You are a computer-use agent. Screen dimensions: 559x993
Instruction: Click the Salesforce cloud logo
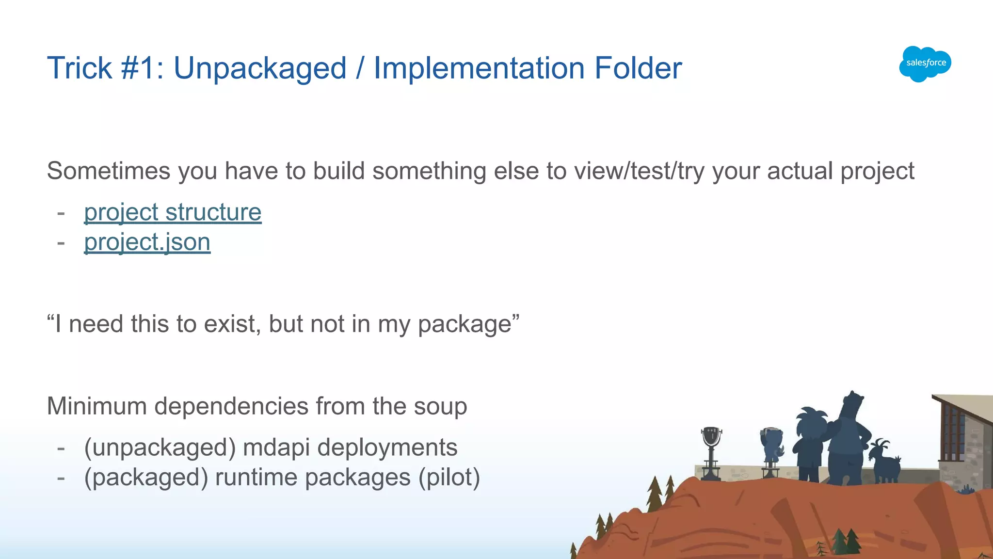click(x=925, y=64)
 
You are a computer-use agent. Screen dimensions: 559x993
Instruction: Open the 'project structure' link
click(x=173, y=212)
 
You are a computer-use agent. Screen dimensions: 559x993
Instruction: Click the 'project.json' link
click(x=147, y=242)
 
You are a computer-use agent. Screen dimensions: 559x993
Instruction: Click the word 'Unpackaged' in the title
click(x=260, y=68)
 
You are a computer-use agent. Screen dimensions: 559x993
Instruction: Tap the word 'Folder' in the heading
click(x=638, y=68)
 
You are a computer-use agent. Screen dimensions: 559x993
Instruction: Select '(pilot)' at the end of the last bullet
click(x=449, y=478)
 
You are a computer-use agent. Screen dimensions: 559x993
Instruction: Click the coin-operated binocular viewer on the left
click(x=711, y=451)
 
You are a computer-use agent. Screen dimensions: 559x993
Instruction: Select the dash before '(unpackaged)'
click(x=61, y=447)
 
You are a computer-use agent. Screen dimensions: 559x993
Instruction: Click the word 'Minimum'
click(x=96, y=406)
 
